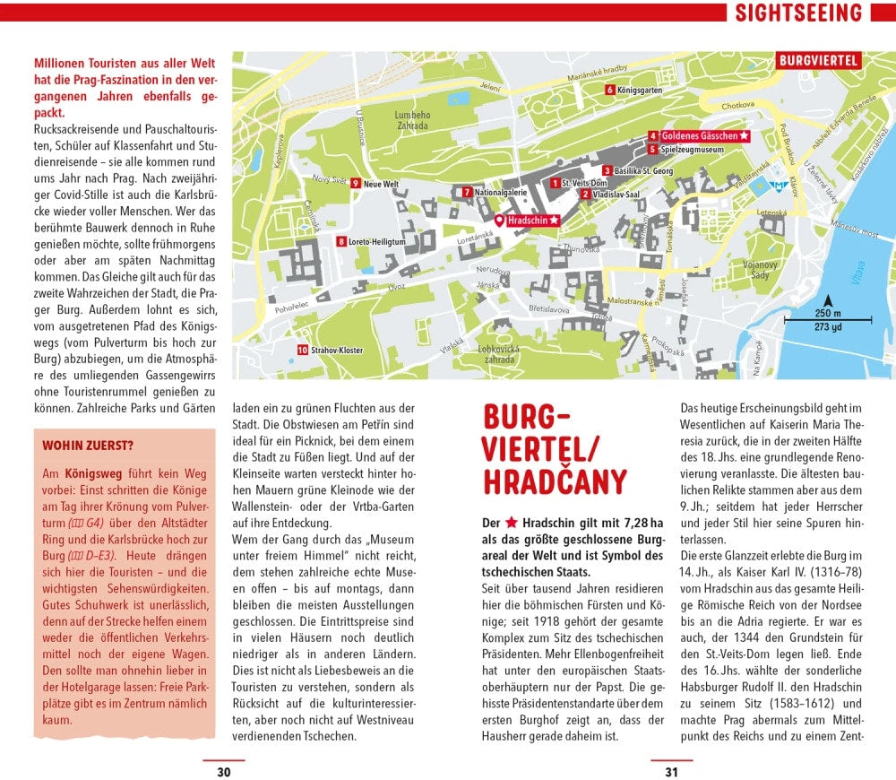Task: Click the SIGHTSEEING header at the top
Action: point(798,13)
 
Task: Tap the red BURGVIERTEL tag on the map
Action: point(819,61)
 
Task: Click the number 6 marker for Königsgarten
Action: point(609,89)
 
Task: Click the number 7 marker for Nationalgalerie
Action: point(467,192)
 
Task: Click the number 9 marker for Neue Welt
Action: point(356,183)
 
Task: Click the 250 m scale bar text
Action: point(828,313)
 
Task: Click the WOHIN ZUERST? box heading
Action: point(88,445)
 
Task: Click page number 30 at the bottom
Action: point(224,772)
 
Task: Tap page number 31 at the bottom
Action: point(671,772)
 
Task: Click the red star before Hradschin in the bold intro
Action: point(512,522)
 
